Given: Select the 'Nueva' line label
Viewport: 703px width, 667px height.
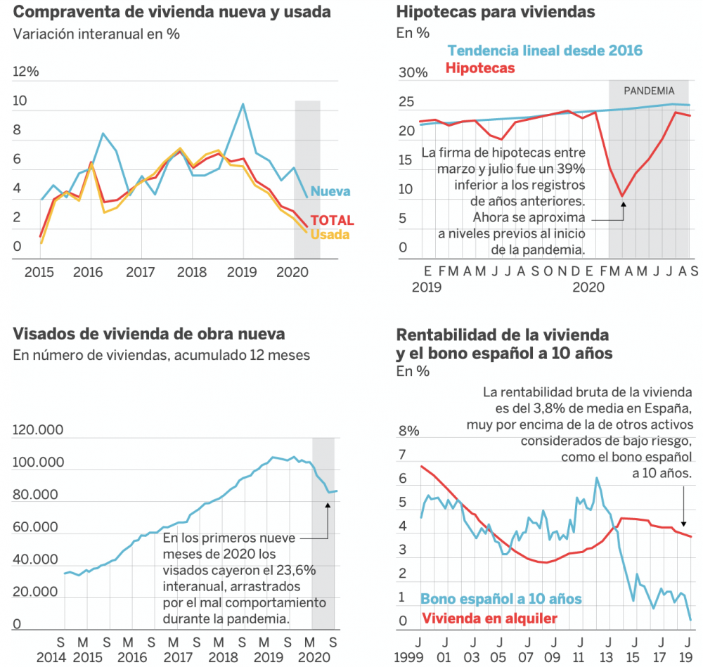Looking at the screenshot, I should (x=330, y=192).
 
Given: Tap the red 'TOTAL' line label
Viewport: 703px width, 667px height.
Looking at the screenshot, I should (x=332, y=221).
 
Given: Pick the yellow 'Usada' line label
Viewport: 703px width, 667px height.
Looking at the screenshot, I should (x=330, y=235).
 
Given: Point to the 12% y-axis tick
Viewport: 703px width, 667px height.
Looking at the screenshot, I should (x=26, y=72).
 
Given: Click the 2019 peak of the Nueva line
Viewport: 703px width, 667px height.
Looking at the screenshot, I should (x=243, y=105).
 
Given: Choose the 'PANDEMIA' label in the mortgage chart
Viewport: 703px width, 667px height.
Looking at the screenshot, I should (x=649, y=91).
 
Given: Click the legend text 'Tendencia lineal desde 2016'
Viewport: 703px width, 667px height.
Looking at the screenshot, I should (x=545, y=51).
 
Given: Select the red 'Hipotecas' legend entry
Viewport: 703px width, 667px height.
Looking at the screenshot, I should (x=480, y=68).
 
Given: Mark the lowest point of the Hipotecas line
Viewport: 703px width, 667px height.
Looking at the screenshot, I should (x=622, y=196).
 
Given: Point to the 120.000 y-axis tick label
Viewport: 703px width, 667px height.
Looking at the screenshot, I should (x=38, y=431).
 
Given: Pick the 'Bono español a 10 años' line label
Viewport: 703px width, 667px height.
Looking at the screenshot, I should (x=501, y=599).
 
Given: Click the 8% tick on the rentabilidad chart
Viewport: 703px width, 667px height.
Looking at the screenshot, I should (x=410, y=431).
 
